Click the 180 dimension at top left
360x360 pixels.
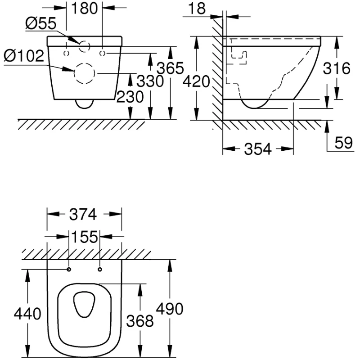point(85,9)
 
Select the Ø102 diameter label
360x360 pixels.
point(24,57)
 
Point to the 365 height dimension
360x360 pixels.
point(170,68)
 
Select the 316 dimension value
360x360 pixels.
point(337,69)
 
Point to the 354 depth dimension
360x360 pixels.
point(258,150)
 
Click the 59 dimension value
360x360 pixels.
point(343,143)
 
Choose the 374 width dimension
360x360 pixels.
point(84,215)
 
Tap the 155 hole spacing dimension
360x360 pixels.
point(84,237)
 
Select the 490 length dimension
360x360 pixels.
point(169,309)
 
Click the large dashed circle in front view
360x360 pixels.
point(84,73)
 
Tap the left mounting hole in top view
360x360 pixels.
point(69,270)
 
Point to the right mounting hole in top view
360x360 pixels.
point(99,270)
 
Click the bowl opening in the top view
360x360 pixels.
point(84,304)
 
